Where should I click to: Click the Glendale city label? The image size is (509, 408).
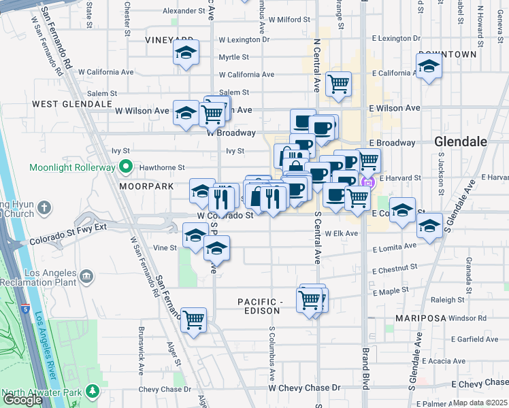(461, 141)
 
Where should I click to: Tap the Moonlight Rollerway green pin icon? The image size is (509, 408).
(125, 166)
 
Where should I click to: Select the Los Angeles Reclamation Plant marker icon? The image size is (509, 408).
(86, 275)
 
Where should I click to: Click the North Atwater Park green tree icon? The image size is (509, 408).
(91, 392)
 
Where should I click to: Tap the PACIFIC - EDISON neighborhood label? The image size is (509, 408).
(259, 306)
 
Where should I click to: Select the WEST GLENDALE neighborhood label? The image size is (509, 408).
(71, 104)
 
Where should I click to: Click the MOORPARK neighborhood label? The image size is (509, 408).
(143, 185)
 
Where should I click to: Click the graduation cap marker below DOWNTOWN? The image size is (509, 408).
(428, 66)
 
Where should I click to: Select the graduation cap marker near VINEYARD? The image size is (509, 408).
(185, 52)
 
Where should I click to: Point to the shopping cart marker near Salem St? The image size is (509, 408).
(338, 84)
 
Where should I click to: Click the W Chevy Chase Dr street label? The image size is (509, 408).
(304, 388)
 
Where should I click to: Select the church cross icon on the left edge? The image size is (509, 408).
(44, 207)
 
